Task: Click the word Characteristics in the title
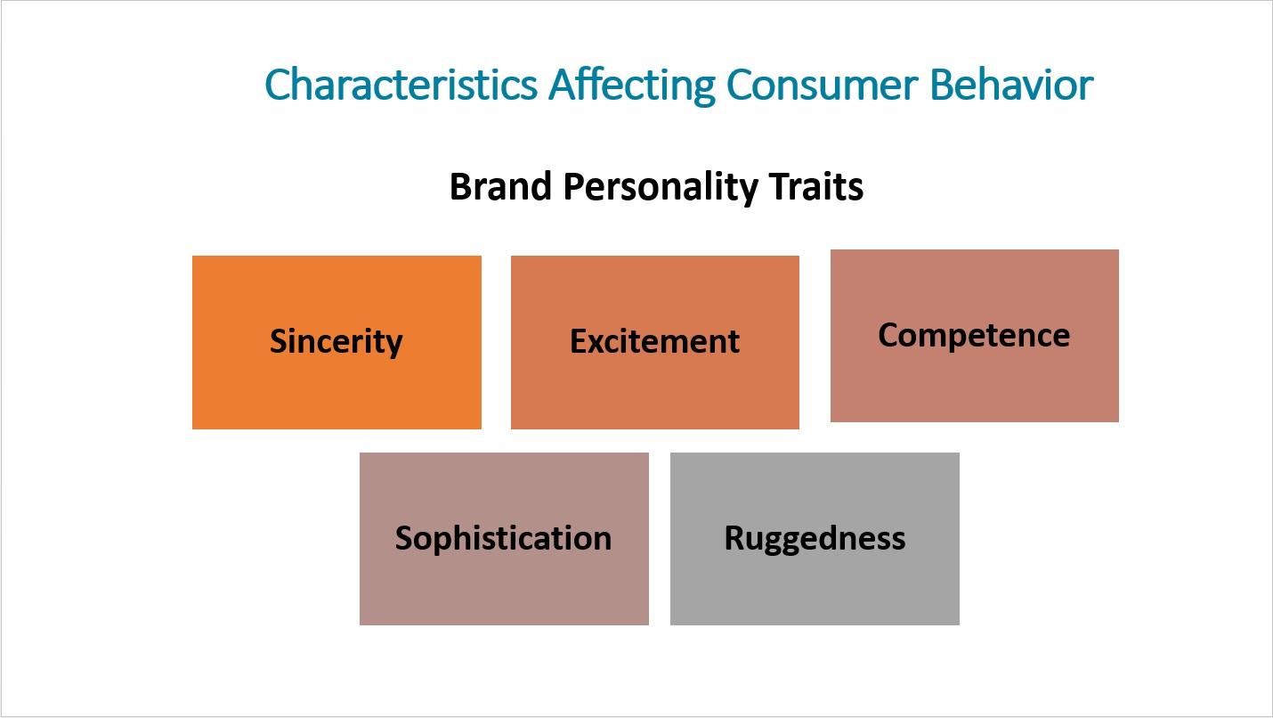401,84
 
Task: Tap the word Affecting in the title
631,86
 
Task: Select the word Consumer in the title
822,85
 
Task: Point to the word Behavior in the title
1011,84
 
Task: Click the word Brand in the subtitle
500,186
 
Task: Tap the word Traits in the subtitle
816,186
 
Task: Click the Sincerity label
336,342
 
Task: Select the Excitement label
654,342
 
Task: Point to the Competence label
974,335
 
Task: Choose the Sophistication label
504,538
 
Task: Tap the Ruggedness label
815,538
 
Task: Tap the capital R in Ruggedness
735,537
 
